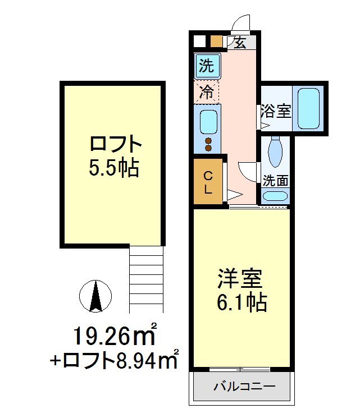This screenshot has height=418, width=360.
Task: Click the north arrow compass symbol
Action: tap(95, 296)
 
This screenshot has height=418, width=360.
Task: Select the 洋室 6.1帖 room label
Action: tap(241, 290)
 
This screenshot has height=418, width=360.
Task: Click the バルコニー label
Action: tap(243, 387)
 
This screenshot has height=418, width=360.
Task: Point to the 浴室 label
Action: tap(276, 111)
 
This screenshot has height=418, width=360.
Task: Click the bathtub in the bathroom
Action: tap(308, 107)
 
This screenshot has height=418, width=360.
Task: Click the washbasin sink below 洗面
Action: tap(275, 196)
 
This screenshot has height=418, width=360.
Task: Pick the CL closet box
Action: tap(207, 182)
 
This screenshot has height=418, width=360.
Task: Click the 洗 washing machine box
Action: tap(207, 66)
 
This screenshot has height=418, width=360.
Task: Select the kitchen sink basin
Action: tap(208, 121)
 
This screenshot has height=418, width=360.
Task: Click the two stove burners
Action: tap(208, 144)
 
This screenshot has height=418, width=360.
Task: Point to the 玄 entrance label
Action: tap(240, 43)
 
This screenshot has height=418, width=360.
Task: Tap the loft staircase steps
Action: tap(146, 279)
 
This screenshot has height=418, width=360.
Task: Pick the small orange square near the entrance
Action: tap(216, 42)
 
